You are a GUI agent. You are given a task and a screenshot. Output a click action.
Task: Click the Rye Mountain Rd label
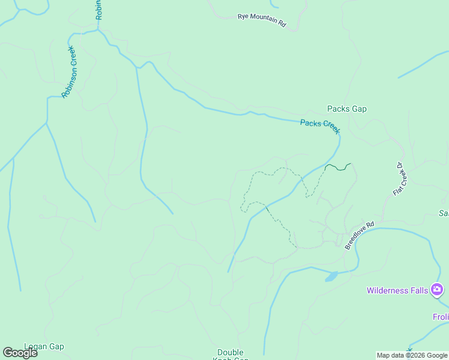262,19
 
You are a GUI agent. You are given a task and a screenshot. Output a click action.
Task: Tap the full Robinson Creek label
70,72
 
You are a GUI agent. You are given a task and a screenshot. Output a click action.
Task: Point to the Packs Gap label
346,109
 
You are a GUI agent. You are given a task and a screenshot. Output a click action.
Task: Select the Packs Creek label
320,126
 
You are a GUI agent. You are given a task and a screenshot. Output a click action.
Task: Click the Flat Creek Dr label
400,179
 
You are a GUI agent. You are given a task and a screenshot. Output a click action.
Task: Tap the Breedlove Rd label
359,235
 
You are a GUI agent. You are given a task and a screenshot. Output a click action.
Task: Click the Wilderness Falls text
397,291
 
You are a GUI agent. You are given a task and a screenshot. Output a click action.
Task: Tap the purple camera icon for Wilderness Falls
438,291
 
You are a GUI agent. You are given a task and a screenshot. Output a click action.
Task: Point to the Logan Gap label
44,347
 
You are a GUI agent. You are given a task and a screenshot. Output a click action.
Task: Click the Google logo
20,353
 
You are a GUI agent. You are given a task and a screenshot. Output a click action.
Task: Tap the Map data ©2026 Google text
412,355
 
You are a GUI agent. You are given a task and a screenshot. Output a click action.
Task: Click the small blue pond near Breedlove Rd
331,277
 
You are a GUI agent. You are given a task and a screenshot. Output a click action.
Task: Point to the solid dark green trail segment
338,167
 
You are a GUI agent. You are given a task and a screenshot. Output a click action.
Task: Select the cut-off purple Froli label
440,316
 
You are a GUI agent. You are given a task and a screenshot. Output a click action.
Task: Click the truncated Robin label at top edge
99,10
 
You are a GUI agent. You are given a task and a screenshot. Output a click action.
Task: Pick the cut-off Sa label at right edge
444,213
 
